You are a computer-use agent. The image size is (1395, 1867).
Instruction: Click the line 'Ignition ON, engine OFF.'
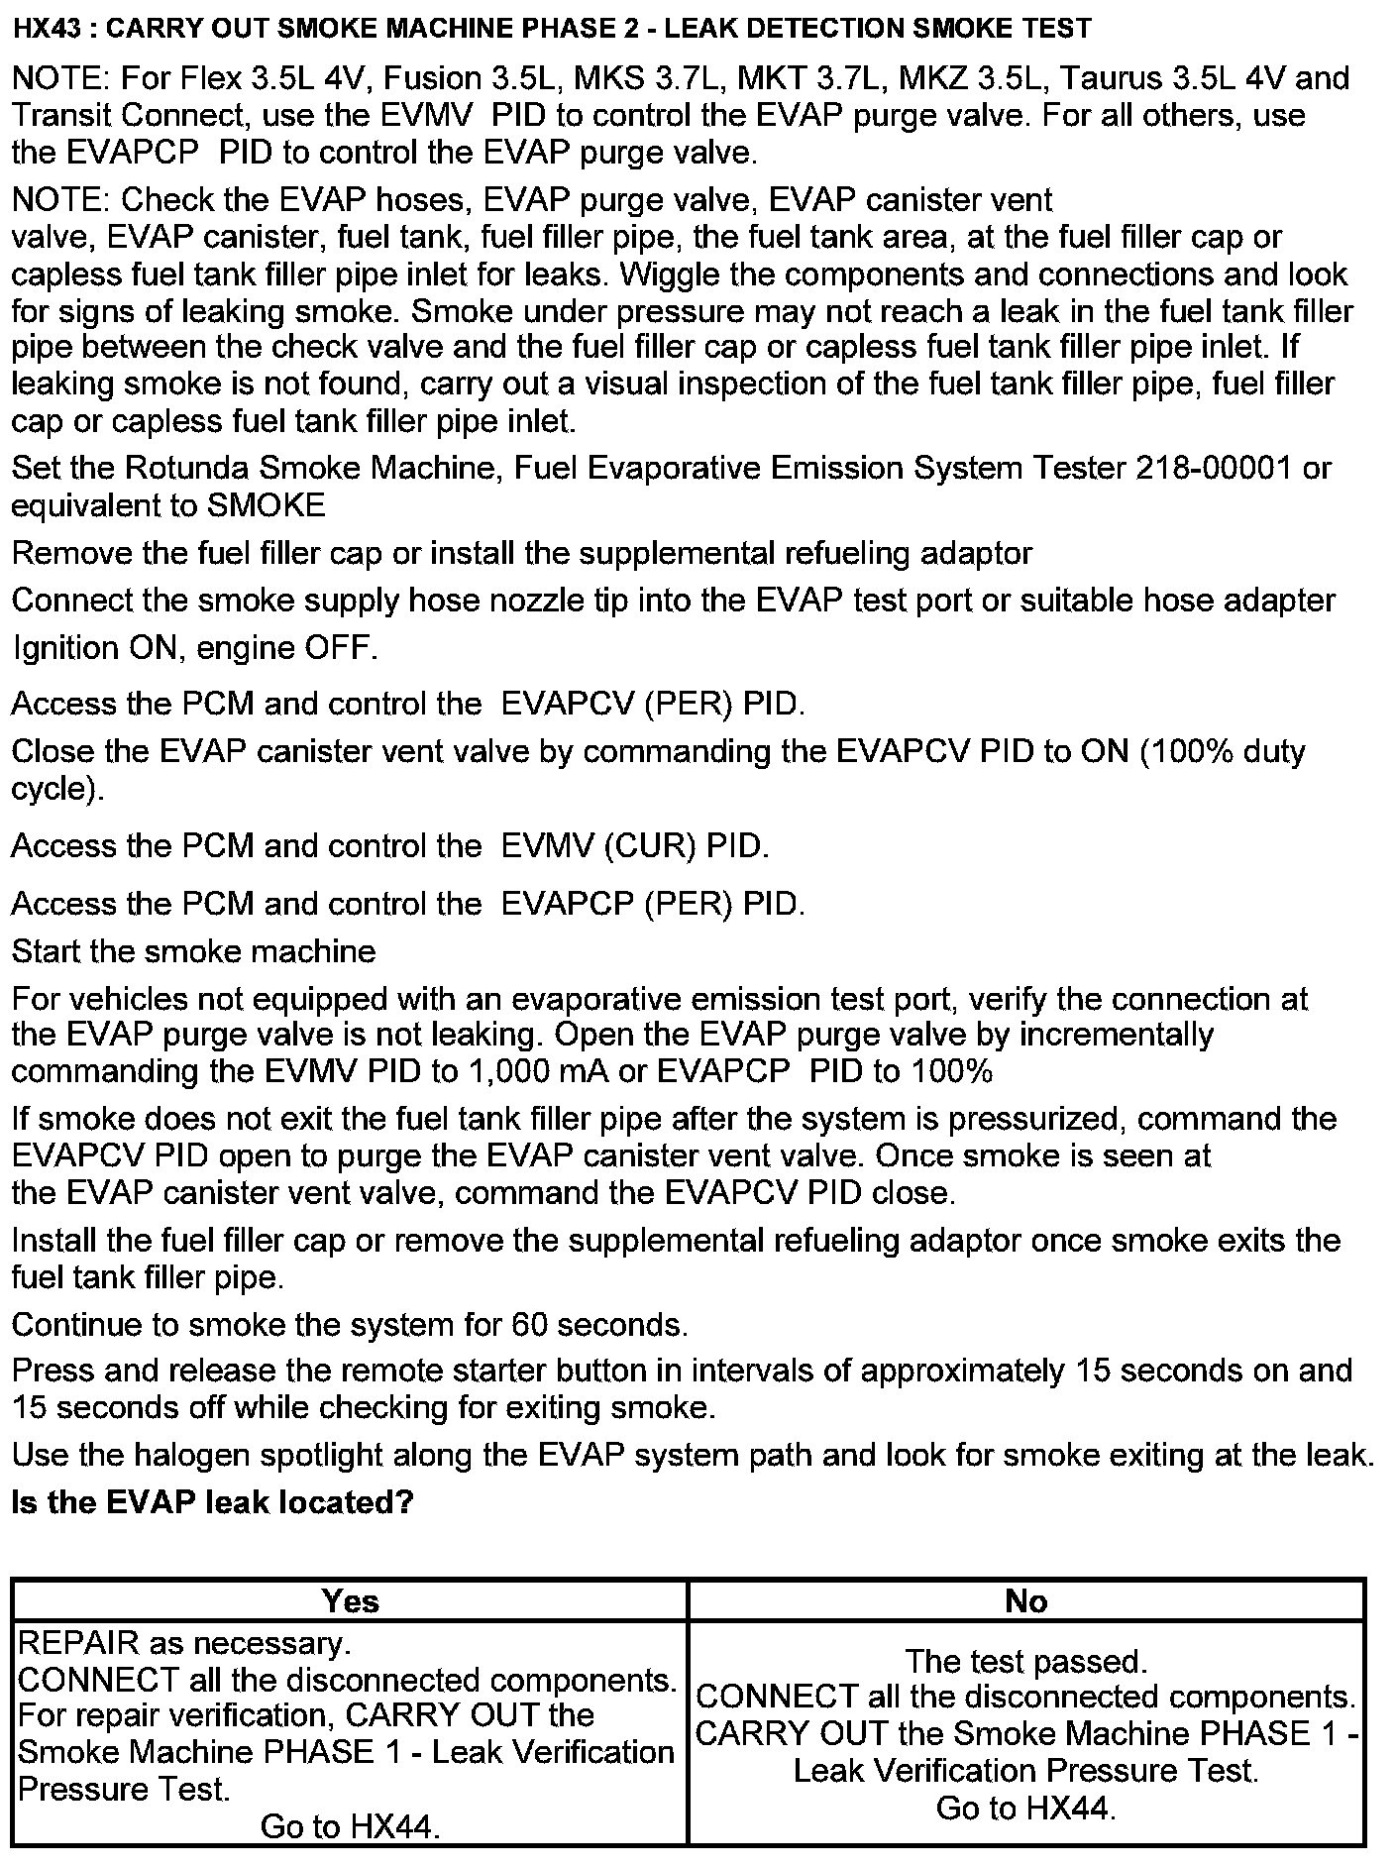point(194,648)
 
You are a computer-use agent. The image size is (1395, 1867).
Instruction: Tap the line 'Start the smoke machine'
point(194,951)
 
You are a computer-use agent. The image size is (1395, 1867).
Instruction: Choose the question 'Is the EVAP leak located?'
point(212,1502)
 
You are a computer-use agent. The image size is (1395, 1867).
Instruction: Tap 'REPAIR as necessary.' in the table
point(184,1643)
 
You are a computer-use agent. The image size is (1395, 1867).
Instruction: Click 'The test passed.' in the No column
point(1025,1661)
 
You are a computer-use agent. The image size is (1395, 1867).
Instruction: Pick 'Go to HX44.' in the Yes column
point(350,1826)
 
